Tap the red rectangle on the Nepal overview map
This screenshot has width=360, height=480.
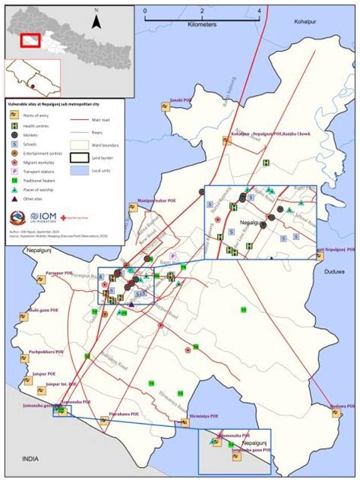coord(30,40)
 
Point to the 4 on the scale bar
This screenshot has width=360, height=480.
coord(259,11)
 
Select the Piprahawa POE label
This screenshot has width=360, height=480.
coord(125,414)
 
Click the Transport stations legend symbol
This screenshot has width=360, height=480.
coord(15,171)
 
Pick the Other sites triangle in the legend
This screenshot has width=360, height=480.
coord(15,199)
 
